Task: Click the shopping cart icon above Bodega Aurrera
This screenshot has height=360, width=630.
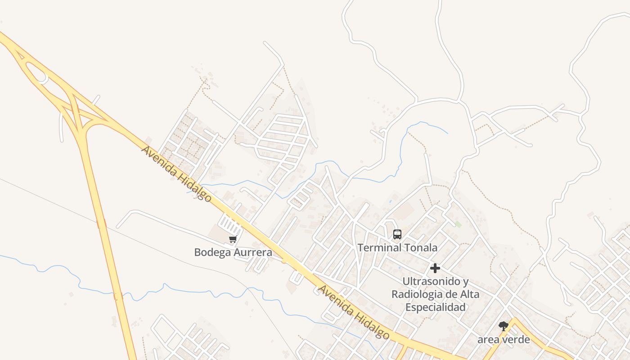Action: pos(233,239)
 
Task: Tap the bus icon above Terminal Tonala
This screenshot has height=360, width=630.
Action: pos(397,234)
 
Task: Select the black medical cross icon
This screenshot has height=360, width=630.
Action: pos(435,268)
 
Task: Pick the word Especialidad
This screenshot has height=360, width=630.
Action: pos(435,307)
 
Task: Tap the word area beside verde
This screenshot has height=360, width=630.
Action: pos(488,340)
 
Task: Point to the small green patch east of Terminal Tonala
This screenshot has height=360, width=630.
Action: pos(458,224)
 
